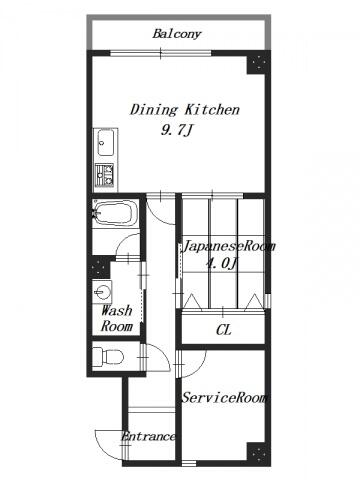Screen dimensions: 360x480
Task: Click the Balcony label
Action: tap(177, 34)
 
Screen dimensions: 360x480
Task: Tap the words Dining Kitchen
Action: tap(185, 110)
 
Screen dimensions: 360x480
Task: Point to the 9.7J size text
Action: tap(177, 131)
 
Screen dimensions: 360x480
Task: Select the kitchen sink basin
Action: tap(106, 142)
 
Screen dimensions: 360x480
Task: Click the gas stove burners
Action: tap(105, 175)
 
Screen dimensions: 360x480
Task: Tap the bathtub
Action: tap(116, 213)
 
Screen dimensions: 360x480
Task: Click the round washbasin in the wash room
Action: tap(102, 292)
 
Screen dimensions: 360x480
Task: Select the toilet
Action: tap(108, 357)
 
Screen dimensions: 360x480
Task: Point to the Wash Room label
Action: tap(117, 318)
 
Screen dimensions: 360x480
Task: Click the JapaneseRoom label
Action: tap(229, 247)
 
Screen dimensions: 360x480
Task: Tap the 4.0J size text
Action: tap(221, 264)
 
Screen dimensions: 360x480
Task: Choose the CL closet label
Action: tap(224, 330)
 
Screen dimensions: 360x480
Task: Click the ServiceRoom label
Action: tap(224, 398)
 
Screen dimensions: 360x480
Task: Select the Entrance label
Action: tap(148, 436)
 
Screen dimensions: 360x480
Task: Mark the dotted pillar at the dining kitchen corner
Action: tap(258, 64)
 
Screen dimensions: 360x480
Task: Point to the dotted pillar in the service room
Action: tap(258, 453)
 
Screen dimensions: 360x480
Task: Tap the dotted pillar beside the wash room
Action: tap(99, 267)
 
